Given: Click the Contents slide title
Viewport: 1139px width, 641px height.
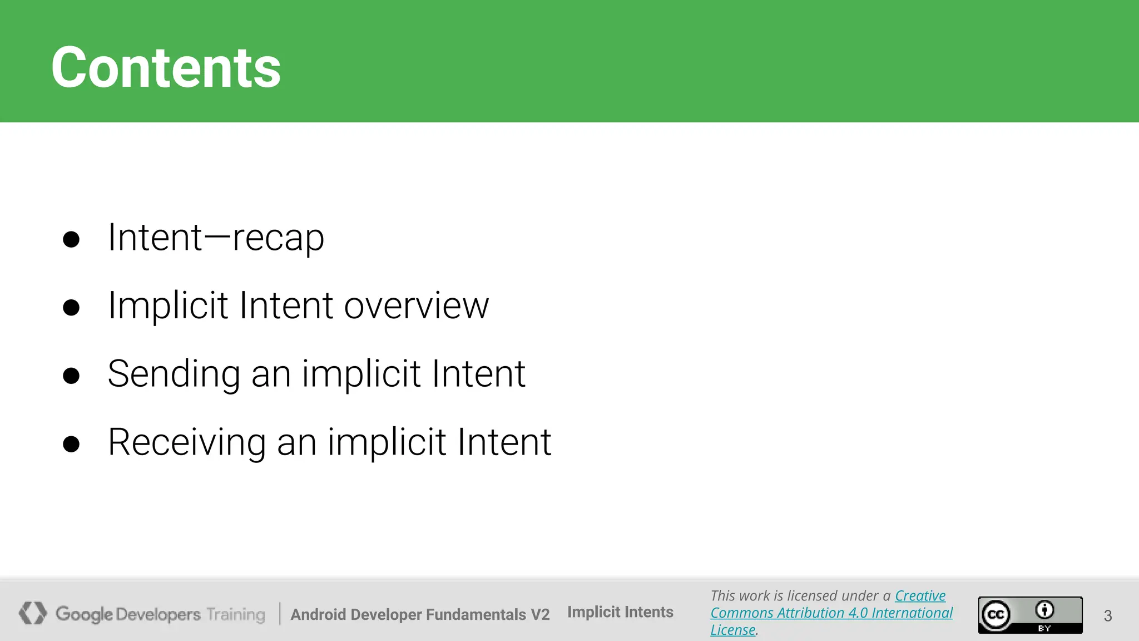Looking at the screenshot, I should point(166,68).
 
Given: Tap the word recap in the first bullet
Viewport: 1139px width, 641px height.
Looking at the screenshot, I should point(278,238).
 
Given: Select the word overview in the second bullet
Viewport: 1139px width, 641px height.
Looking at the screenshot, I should point(416,306).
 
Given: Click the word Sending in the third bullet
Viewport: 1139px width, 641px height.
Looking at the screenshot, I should point(174,374).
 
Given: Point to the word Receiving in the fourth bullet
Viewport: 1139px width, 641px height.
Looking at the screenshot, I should point(187,442).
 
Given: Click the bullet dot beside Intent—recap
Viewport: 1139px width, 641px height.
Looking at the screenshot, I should point(71,239).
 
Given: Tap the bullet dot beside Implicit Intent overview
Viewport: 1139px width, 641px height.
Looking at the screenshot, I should point(71,308).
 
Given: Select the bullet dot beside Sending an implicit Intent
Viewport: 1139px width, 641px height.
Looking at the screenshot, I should point(71,376).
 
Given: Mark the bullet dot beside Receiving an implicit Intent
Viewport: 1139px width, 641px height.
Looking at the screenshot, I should point(71,444).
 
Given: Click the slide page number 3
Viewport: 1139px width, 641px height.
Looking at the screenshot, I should point(1108,616).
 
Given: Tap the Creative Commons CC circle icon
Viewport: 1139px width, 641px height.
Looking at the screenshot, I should point(996,615).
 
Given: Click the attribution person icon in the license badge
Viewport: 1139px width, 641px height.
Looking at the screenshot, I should point(1044,610).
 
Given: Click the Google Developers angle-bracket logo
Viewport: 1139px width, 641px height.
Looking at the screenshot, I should point(32,613).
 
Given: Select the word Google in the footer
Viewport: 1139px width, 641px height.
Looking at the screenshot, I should point(84,614).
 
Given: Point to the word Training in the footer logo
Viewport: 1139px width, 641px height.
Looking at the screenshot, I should point(236,614).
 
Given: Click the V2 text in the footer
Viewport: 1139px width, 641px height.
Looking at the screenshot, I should point(539,614).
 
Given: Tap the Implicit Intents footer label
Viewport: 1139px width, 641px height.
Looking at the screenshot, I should point(620,612).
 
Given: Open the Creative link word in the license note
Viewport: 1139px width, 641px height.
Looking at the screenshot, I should point(920,596).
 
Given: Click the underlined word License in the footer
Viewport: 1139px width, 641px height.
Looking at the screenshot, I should point(732,630).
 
